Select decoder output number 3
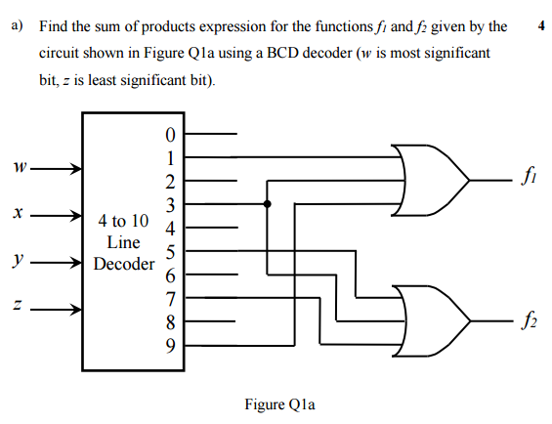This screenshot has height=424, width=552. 172,204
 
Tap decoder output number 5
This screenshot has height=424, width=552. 172,252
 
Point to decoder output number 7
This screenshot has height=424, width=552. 172,298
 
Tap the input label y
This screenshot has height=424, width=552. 17,262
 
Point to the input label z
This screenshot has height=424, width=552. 17,310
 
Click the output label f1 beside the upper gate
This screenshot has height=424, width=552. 528,179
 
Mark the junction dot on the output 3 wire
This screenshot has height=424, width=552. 268,204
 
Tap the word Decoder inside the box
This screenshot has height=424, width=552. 124,264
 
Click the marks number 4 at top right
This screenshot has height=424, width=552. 540,26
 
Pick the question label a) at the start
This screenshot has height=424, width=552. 17,26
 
